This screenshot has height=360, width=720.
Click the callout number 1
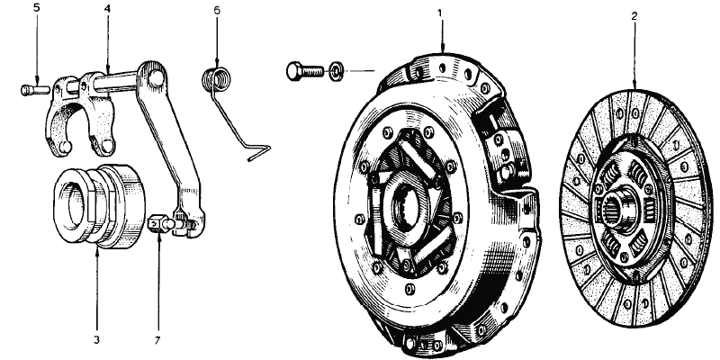(x=439, y=13)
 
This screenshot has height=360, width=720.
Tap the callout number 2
(x=634, y=16)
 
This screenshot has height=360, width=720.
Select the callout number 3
(x=96, y=340)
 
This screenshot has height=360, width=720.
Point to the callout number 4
(x=107, y=9)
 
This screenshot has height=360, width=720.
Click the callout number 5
(x=37, y=9)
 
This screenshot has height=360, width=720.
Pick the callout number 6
(x=217, y=10)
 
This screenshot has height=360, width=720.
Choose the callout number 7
(x=157, y=340)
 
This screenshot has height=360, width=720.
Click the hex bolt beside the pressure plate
(x=305, y=72)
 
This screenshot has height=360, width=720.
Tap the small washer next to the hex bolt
(x=335, y=72)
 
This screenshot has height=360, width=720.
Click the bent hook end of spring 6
(x=258, y=152)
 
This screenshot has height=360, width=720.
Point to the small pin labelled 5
(x=35, y=89)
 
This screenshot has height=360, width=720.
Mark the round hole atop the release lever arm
(x=156, y=77)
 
